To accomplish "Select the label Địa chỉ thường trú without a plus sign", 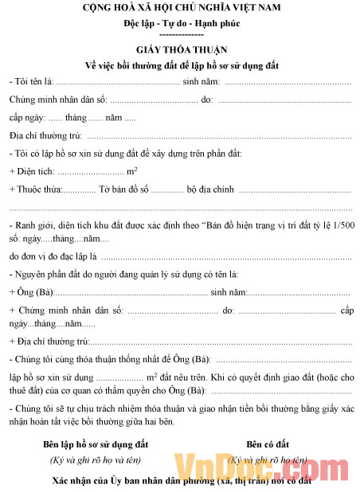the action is click(46, 135).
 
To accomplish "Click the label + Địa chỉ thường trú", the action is click(49, 340).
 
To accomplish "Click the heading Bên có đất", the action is click(268, 443).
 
